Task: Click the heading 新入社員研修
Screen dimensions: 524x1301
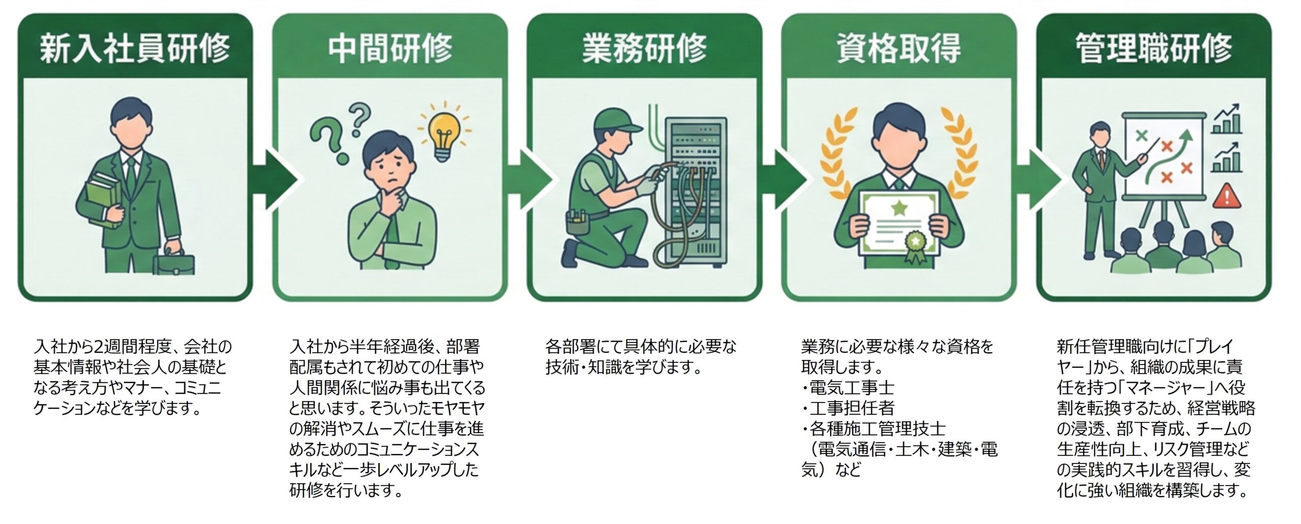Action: click(135, 48)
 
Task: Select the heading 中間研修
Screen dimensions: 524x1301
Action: click(390, 48)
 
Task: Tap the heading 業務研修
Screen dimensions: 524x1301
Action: click(644, 48)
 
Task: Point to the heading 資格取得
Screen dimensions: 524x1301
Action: click(899, 48)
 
